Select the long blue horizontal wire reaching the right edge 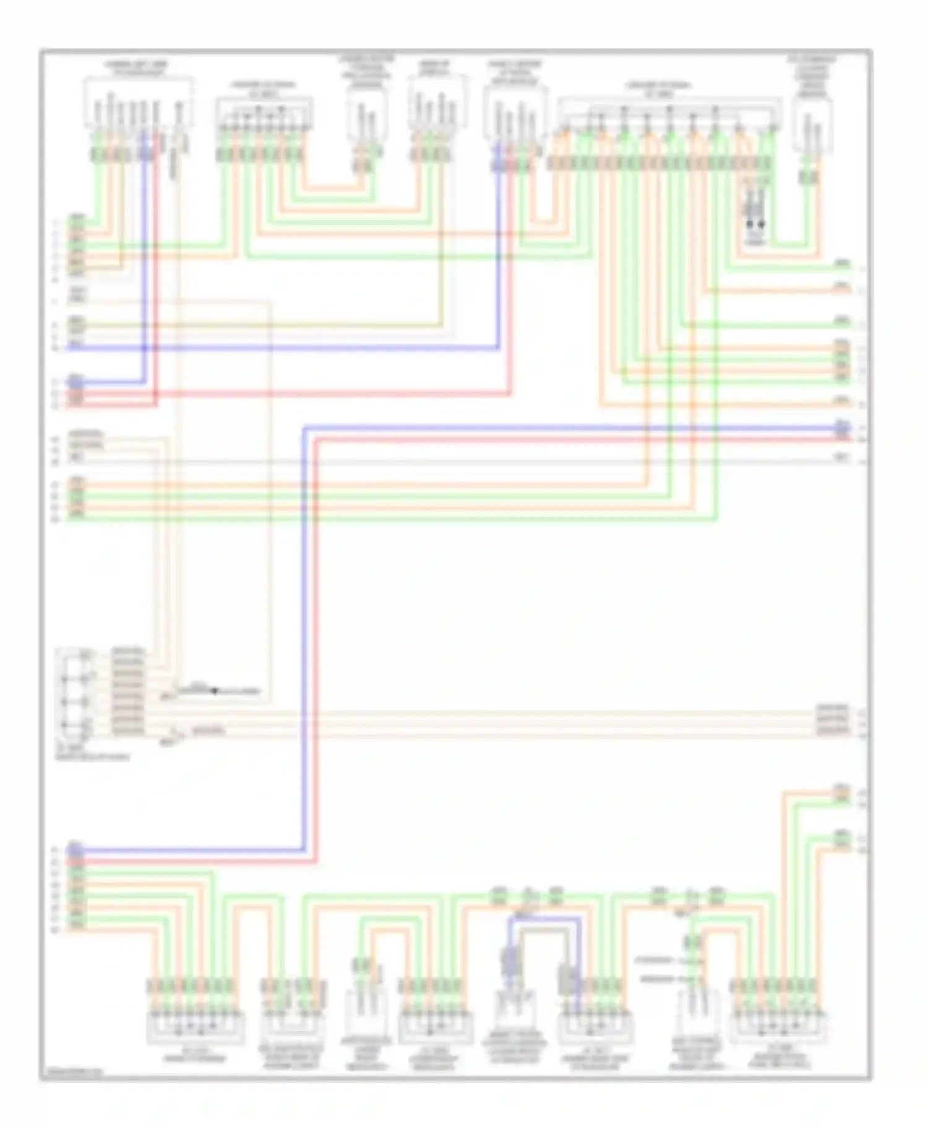[x=557, y=428]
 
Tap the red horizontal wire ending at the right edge [x=557, y=440]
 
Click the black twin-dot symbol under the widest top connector [x=755, y=224]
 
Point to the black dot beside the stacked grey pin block [x=215, y=690]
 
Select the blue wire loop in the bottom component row [x=544, y=919]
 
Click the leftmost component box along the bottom [x=195, y=1026]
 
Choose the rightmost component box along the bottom [x=778, y=1026]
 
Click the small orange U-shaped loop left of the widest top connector [x=544, y=204]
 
